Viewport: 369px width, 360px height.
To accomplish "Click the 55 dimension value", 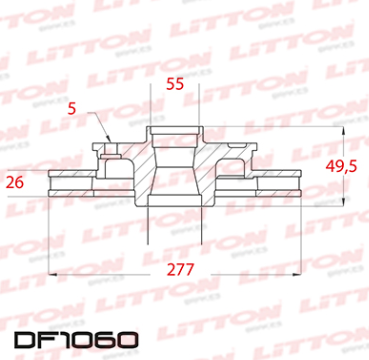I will pyautogui.click(x=175, y=85).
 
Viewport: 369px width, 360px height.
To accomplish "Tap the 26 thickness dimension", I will pyautogui.click(x=15, y=181).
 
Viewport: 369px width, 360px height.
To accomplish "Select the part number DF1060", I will pyautogui.click(x=69, y=339).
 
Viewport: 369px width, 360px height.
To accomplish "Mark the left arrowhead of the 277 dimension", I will pyautogui.click(x=52, y=275).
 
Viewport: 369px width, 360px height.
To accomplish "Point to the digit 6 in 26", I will pyautogui.click(x=20, y=181).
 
